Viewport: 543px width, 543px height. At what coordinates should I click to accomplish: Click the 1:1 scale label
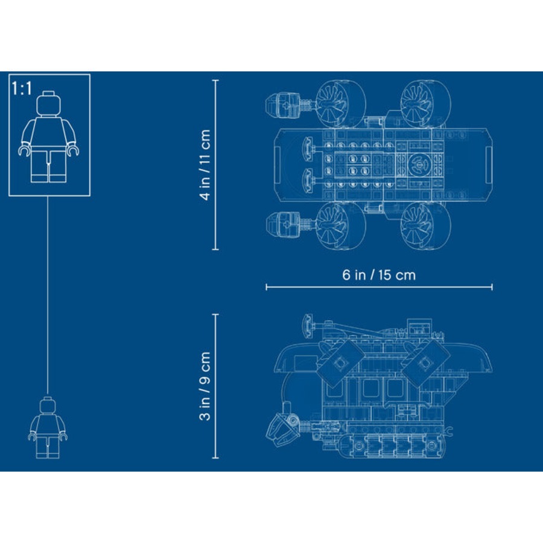coord(22,89)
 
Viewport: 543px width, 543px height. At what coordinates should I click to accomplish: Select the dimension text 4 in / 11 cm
coord(205,164)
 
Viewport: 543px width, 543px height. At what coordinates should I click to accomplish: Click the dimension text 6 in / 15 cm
coord(379,275)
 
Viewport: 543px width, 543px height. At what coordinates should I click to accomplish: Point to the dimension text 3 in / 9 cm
coord(205,386)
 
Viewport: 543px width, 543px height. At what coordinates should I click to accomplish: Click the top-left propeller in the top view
coord(338,103)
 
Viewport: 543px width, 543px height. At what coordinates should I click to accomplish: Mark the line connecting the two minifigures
coord(48,296)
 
